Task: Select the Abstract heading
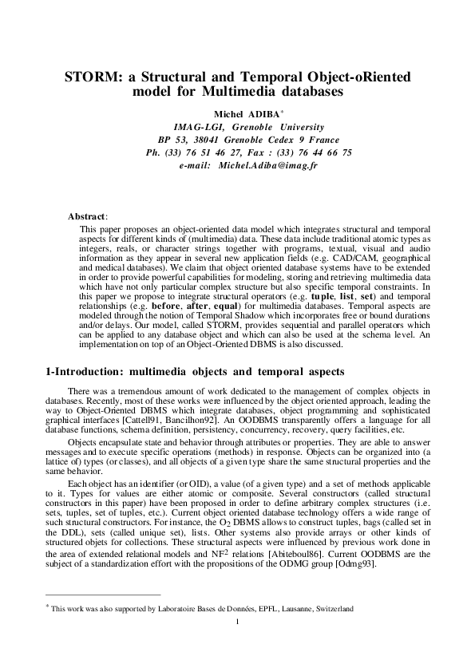[x=87, y=194]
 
